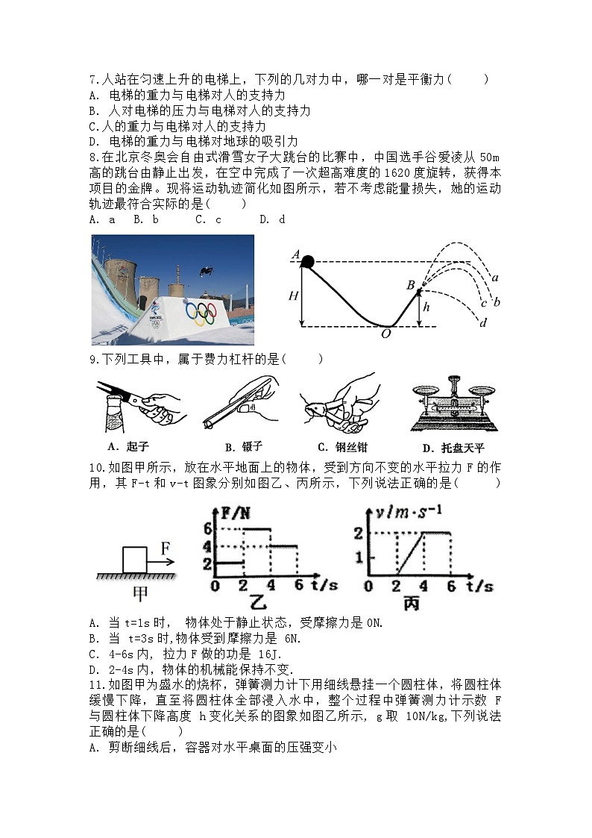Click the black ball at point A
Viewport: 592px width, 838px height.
coord(306,260)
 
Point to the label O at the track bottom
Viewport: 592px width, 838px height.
coord(385,334)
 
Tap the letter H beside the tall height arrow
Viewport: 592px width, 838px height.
coord(294,296)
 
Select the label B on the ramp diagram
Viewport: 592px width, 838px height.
coord(410,284)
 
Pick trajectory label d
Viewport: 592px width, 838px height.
coord(482,322)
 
